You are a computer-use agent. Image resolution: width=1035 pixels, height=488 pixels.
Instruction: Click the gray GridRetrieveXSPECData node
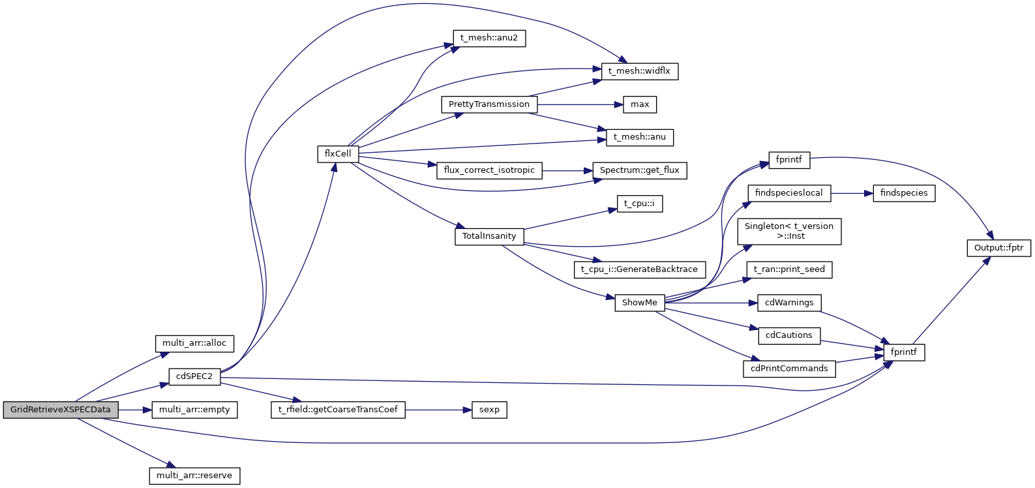61,410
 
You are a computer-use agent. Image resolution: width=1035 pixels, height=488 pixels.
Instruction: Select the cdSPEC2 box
194,376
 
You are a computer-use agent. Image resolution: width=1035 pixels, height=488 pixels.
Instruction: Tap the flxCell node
338,154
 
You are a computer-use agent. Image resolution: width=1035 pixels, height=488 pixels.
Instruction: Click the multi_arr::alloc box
194,343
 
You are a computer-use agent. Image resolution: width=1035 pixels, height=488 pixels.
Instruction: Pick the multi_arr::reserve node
194,476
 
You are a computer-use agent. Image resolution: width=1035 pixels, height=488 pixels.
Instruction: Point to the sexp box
489,410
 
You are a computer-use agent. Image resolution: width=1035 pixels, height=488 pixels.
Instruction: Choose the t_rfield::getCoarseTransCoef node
338,410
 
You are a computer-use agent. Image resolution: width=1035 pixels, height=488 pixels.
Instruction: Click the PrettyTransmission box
489,104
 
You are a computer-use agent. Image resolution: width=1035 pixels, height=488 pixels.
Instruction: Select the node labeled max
640,104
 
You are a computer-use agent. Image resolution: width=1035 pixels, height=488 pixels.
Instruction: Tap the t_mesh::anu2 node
489,38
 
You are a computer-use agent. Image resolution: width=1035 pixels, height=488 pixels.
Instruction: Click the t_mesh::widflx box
639,71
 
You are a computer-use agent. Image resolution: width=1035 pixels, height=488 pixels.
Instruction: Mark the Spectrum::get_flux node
639,170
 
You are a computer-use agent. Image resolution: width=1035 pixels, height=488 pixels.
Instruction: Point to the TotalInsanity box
489,236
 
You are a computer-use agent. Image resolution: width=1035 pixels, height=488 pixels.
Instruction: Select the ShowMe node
639,303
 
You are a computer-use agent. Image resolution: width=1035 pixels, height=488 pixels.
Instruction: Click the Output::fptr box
998,248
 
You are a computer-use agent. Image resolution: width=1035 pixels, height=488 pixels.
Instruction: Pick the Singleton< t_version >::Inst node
789,232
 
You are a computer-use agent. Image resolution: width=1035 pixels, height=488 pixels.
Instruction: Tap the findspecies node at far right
904,193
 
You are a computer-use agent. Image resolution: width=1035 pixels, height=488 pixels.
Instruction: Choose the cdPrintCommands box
789,369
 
